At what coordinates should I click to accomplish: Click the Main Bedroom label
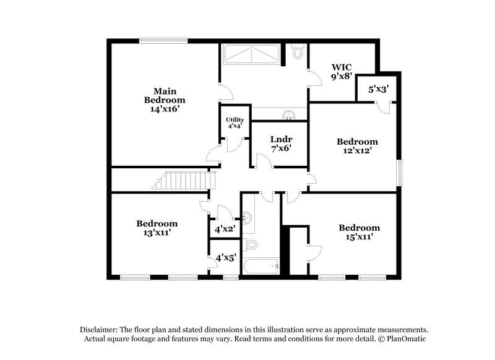[x=165, y=95]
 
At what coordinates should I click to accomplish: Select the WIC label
[x=342, y=67]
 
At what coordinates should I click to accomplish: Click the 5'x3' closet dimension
[x=378, y=89]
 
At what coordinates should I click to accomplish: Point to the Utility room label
[x=235, y=119]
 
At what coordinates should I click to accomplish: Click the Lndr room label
[x=281, y=139]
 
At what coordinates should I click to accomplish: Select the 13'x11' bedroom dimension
[x=157, y=233]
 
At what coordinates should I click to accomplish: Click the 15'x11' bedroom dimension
[x=359, y=236]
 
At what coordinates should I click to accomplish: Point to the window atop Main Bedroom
[x=163, y=41]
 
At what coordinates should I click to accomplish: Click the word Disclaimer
[x=100, y=330]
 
